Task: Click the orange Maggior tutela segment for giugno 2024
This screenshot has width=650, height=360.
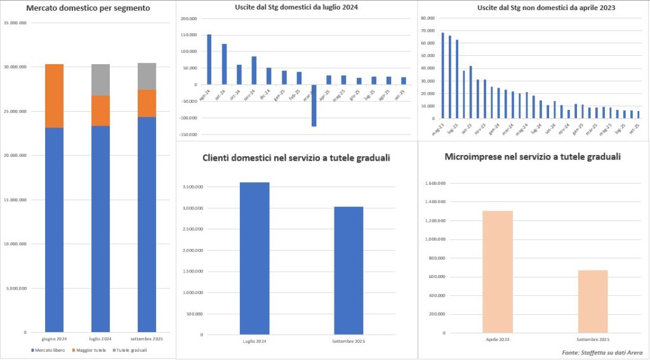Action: click(x=54, y=96)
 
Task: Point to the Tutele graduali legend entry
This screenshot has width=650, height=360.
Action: click(x=129, y=350)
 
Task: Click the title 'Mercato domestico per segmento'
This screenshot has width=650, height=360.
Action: click(x=89, y=9)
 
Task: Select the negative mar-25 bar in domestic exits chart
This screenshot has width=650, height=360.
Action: click(x=313, y=105)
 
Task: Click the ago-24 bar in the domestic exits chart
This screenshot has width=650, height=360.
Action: click(x=209, y=59)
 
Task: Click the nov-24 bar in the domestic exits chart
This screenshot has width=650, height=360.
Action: click(x=254, y=70)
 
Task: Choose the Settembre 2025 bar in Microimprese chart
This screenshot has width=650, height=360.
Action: click(x=592, y=301)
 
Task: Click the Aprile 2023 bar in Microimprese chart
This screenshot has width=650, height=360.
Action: click(x=498, y=272)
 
